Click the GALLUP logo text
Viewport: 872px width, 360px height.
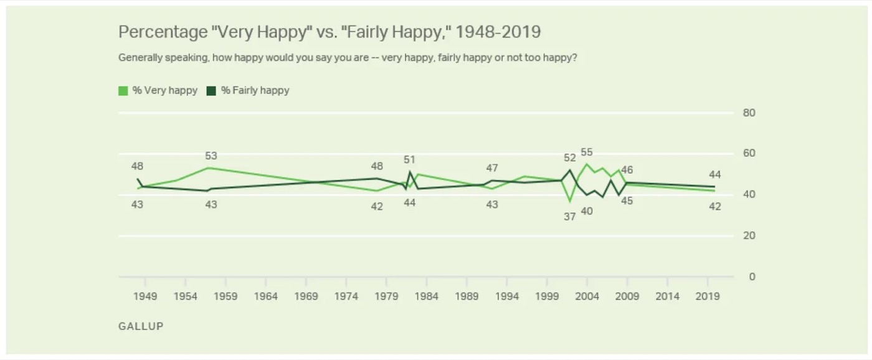[x=141, y=326]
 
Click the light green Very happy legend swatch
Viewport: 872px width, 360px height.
[x=123, y=91]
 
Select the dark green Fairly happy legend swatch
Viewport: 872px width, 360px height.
[x=211, y=91]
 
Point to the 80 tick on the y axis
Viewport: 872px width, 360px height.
[x=749, y=113]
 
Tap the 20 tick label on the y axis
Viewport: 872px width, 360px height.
[x=749, y=235]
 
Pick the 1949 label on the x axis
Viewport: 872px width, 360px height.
[x=145, y=296]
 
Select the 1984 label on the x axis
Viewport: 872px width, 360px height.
[x=426, y=296]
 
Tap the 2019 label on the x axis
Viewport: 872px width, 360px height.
[x=708, y=296]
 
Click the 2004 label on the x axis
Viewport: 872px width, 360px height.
[x=587, y=296]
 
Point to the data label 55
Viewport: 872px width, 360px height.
[x=587, y=153]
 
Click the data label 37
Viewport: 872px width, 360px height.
[x=569, y=217]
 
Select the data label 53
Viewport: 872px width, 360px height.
[x=211, y=156]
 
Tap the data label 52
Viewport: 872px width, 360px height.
[x=569, y=158]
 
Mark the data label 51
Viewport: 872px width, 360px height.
[x=409, y=159]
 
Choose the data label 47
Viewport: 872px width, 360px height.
[x=492, y=168]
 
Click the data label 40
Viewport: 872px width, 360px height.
[x=587, y=211]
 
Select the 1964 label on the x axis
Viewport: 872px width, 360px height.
[x=266, y=296]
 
